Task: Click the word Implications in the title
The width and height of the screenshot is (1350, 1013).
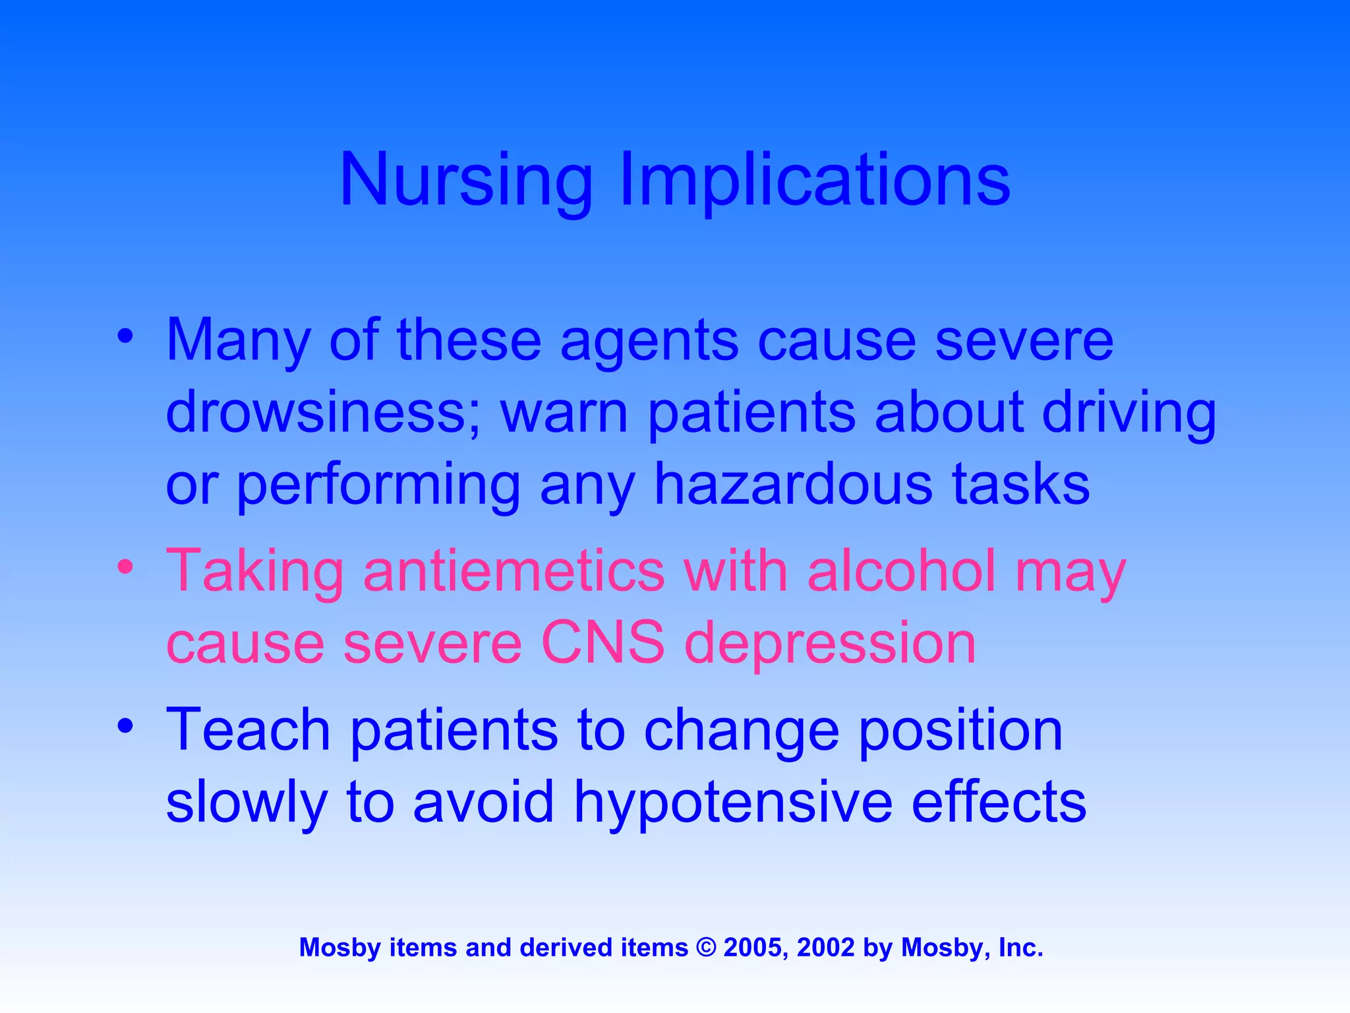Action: point(815,180)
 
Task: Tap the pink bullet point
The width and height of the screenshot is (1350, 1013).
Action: point(126,567)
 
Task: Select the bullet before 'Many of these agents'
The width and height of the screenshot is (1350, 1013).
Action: point(126,336)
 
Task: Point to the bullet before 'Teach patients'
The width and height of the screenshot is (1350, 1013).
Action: point(126,725)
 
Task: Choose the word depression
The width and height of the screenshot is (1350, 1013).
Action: point(830,644)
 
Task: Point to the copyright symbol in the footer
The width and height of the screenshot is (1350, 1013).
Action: point(705,948)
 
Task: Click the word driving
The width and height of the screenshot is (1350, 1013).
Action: point(1129,413)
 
